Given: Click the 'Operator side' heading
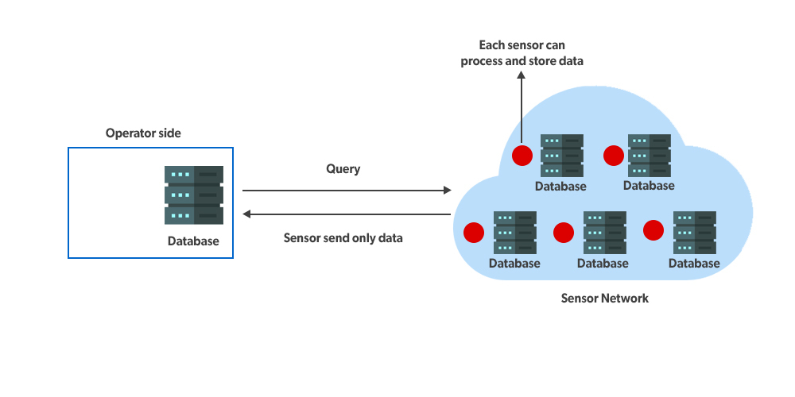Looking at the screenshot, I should (x=143, y=133).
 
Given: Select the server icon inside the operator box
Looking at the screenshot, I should (x=194, y=195).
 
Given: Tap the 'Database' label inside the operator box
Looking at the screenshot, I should (x=193, y=241).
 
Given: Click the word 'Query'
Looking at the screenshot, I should (x=343, y=169).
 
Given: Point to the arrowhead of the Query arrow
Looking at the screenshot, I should (x=447, y=191).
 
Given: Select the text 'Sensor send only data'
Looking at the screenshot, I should (x=343, y=237).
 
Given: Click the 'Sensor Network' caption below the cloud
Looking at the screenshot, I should (x=604, y=299).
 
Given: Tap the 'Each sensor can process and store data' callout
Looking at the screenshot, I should (x=522, y=53).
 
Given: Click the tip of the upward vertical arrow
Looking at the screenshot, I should (x=522, y=74).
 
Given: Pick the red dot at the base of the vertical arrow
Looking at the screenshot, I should (x=522, y=155).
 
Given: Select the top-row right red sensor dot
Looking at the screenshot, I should (x=613, y=156).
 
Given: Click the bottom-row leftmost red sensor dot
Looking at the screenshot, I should (x=474, y=232).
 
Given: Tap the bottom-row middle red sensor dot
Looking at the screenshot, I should (x=564, y=232).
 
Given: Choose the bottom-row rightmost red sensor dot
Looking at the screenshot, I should (x=653, y=230).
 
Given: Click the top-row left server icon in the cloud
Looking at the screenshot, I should (x=562, y=156).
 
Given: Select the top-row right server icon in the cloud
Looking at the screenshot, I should (x=650, y=156).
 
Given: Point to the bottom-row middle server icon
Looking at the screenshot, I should (x=604, y=232).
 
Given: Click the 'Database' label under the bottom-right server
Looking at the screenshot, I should (x=694, y=264).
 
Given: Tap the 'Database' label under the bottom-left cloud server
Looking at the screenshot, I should (x=514, y=264).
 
